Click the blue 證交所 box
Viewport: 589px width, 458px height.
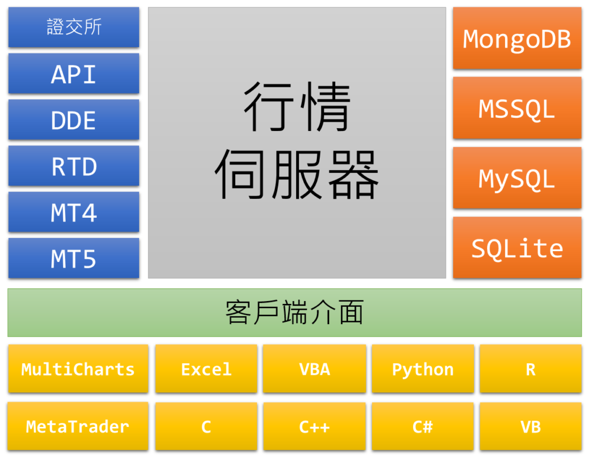click(x=74, y=27)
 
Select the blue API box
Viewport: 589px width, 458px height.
click(x=74, y=74)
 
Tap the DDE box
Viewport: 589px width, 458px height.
click(x=74, y=120)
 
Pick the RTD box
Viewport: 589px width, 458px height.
click(x=74, y=166)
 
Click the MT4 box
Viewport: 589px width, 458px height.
click(x=74, y=212)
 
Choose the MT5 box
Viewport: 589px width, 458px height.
click(x=74, y=258)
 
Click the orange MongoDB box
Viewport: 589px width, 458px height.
click(x=517, y=38)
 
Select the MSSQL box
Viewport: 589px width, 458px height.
click(x=517, y=108)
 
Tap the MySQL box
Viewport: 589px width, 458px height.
click(x=517, y=178)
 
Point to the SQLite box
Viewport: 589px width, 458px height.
click(x=517, y=248)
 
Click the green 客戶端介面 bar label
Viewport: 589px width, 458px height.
click(x=294, y=313)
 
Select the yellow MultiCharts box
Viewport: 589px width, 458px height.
click(x=78, y=369)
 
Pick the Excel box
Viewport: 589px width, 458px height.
click(x=206, y=369)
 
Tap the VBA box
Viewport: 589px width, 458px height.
click(x=315, y=369)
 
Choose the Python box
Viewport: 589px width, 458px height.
click(x=423, y=369)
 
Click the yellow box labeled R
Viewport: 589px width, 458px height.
click(x=531, y=369)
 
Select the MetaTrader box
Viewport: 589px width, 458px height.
click(x=78, y=426)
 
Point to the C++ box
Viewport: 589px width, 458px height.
click(x=315, y=426)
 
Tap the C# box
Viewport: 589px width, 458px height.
click(x=423, y=426)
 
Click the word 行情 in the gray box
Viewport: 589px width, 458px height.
click(x=297, y=106)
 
